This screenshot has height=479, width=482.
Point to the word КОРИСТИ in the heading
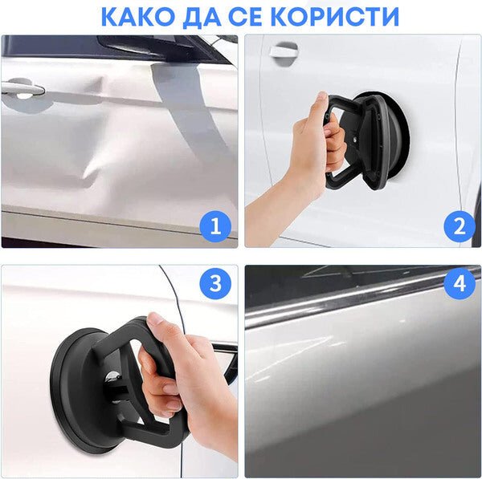pos(336,16)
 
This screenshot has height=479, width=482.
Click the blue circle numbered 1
pos(215,227)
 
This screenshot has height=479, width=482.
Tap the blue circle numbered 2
pos(460,227)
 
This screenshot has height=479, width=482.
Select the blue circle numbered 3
pos(215,282)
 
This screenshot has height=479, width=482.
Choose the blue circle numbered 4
pos(460,282)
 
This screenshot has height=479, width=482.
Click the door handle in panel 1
pos(22,88)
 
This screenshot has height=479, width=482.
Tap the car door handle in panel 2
pos(284,51)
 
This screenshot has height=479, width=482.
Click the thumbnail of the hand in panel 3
pos(155,319)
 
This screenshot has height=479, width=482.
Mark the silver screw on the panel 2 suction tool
pos(356,140)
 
